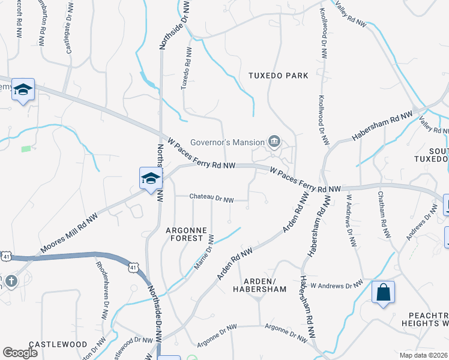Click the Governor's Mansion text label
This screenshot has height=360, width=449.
228,142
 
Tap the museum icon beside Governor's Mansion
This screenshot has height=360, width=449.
274,142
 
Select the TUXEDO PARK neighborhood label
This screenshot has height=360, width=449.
279,76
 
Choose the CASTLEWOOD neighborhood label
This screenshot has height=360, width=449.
58,344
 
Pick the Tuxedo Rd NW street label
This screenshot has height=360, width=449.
186,71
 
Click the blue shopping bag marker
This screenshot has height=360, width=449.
383,293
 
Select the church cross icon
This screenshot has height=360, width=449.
10,281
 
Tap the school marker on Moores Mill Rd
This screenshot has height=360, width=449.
150,178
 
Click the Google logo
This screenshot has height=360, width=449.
20,353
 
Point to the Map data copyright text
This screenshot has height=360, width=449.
423,355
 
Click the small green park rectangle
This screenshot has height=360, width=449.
26,148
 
